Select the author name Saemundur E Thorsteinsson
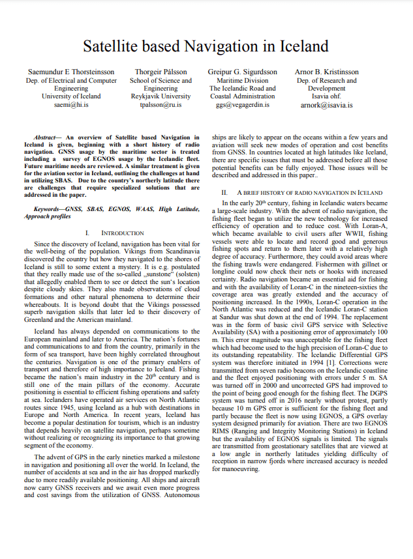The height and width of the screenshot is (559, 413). [x=71, y=72]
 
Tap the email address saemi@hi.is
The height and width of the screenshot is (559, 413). [x=71, y=104]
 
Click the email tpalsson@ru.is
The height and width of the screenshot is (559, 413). [x=161, y=104]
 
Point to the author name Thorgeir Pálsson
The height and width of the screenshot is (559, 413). [x=161, y=72]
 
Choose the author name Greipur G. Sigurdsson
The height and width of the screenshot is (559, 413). [x=243, y=72]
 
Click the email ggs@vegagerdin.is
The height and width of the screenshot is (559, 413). [x=243, y=104]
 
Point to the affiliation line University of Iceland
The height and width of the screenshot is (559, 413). [x=71, y=96]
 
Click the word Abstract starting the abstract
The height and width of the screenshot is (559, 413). [x=46, y=137]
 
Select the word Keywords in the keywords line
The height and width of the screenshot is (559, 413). [x=49, y=209]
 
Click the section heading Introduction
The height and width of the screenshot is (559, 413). [x=123, y=233]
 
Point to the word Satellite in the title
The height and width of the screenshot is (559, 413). [x=115, y=46]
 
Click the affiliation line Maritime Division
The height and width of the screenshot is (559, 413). [x=243, y=80]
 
